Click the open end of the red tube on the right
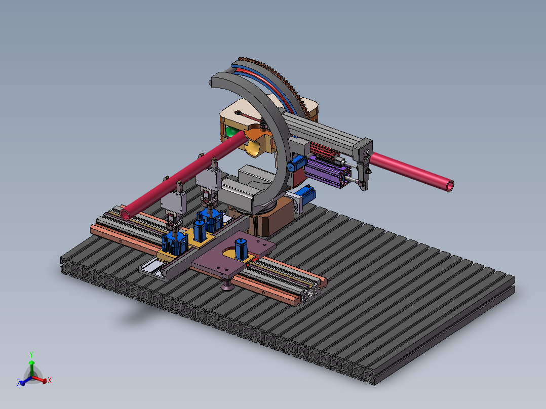tap(450, 186)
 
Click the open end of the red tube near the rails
tap(125, 213)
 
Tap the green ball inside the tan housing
tap(231, 132)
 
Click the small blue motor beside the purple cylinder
tap(296, 163)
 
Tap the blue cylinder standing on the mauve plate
tap(241, 249)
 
